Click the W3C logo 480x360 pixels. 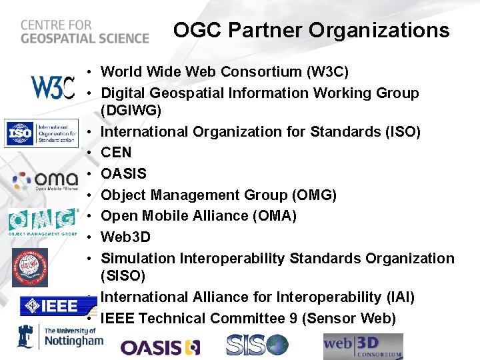pos(52,87)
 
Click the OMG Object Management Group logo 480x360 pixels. pos(43,221)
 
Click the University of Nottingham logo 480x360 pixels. pos(59,337)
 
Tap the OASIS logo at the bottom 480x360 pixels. pos(160,347)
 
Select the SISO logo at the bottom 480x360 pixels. pos(257,345)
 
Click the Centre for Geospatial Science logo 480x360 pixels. pos(84,31)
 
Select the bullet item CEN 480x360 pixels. pos(116,153)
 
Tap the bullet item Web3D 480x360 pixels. pos(125,237)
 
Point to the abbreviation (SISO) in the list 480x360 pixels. pos(123,275)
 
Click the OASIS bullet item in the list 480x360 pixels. pos(123,174)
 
